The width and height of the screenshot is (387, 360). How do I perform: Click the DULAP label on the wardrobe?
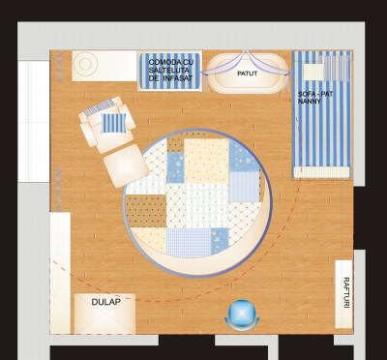pyautogui.click(x=106, y=302)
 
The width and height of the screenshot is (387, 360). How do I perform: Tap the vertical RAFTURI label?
pyautogui.click(x=346, y=292)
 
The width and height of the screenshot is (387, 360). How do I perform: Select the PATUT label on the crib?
pyautogui.click(x=248, y=74)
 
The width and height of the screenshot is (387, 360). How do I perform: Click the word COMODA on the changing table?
pyautogui.click(x=164, y=62)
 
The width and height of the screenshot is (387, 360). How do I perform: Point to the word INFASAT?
pyautogui.click(x=179, y=78)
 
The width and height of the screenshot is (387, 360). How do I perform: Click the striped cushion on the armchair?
pyautogui.click(x=113, y=123)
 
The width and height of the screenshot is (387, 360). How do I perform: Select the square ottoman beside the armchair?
pyautogui.click(x=126, y=165)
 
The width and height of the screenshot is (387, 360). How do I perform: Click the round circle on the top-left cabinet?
pyautogui.click(x=85, y=64)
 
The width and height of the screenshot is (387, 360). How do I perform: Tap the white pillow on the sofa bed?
pyautogui.click(x=313, y=72)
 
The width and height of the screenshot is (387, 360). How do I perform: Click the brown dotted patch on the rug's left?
pyautogui.click(x=146, y=211)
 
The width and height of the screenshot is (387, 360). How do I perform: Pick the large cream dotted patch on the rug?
pyautogui.click(x=206, y=161)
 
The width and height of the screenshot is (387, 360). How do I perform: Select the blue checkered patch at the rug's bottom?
pyautogui.click(x=189, y=243)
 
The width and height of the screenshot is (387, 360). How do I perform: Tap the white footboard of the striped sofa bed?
pyautogui.click(x=321, y=172)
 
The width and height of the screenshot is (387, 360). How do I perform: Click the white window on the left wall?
pyautogui.click(x=34, y=122)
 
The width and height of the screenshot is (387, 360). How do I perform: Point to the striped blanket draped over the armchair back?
pyautogui.click(x=99, y=107)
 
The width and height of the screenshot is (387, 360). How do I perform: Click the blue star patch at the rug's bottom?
pyautogui.click(x=220, y=241)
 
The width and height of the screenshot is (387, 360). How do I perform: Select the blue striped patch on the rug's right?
pyautogui.click(x=244, y=187)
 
